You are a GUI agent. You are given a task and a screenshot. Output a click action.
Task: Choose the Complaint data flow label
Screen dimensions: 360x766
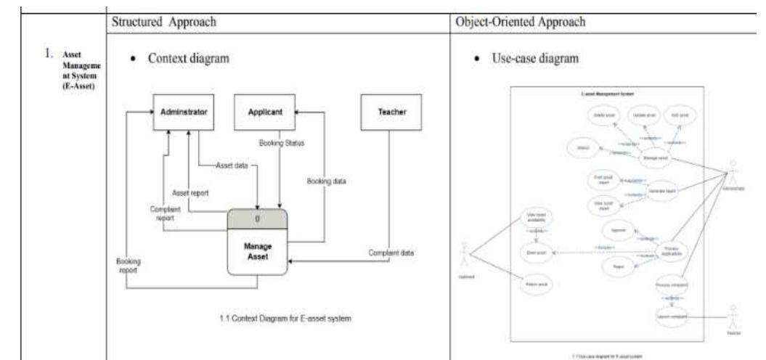[397, 253]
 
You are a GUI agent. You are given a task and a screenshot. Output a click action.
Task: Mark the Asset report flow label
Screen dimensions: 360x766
[190, 193]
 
